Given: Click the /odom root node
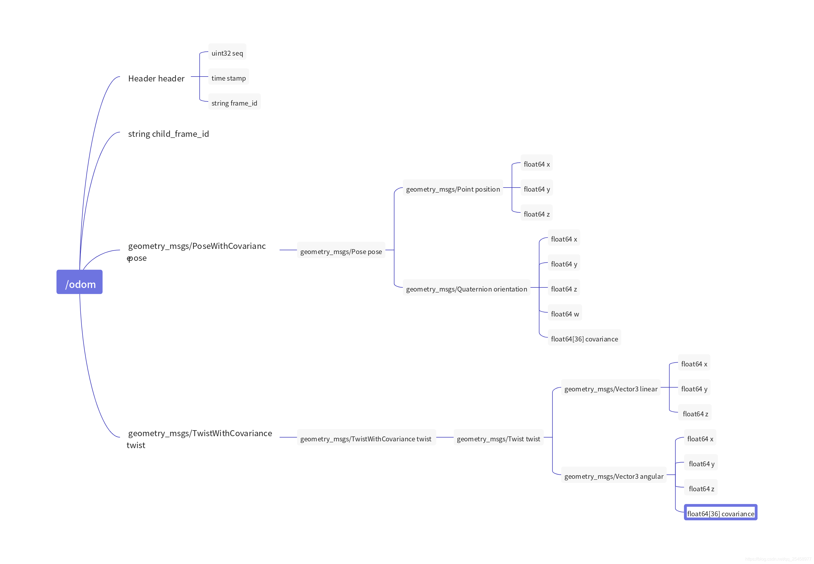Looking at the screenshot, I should [x=80, y=282].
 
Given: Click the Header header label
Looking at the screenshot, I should [x=156, y=78].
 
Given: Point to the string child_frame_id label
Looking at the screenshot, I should [x=168, y=134].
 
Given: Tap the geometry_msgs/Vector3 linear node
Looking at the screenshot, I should [x=610, y=388].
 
